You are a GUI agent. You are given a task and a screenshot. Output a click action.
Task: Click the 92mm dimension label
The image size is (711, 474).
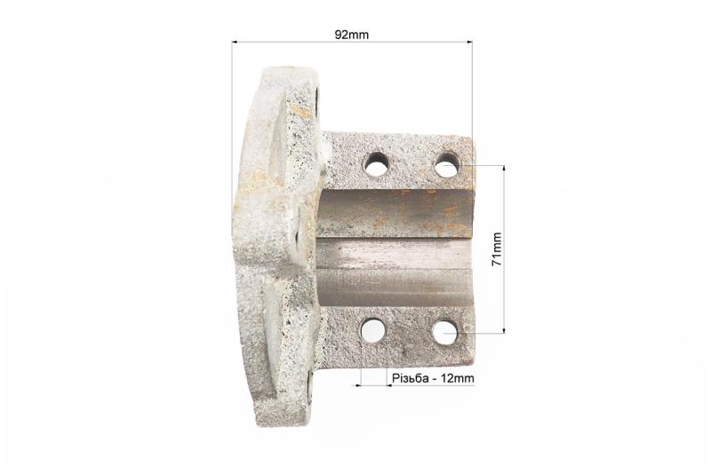click(351, 35)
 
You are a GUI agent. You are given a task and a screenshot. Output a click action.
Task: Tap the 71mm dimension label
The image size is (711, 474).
click(497, 249)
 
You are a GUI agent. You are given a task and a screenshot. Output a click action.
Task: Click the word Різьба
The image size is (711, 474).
click(410, 378)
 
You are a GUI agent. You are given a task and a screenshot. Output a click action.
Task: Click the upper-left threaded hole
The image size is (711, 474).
click(375, 164)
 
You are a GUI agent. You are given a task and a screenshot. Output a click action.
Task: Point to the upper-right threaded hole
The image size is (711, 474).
click(448, 165)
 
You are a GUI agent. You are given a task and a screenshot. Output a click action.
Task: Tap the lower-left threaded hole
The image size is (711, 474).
click(373, 331)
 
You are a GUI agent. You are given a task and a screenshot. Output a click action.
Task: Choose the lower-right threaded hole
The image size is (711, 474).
click(445, 333)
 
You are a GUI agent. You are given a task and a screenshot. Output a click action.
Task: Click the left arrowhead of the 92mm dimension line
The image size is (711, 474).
click(235, 42)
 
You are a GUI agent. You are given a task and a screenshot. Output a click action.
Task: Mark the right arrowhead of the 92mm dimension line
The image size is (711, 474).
click(469, 42)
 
